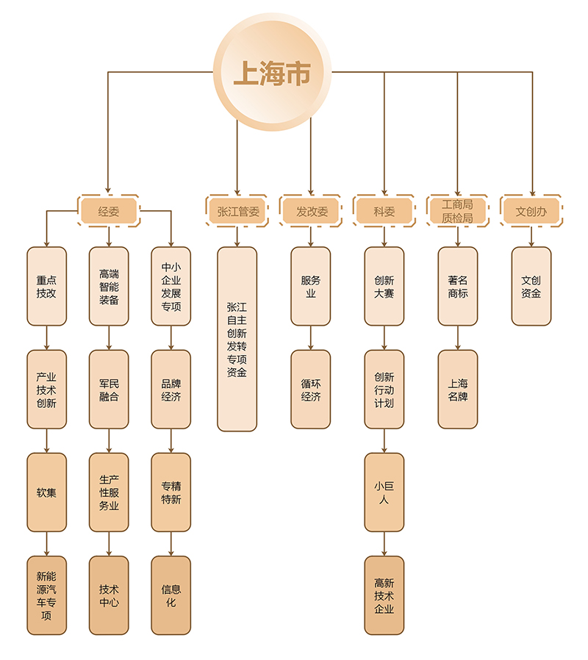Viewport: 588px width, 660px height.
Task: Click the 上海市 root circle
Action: (x=272, y=73)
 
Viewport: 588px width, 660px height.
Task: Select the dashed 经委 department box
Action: (x=109, y=212)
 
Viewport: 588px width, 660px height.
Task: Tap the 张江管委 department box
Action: (x=237, y=212)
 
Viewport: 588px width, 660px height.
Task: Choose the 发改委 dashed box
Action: (x=311, y=212)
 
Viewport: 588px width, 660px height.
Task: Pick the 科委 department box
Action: (x=384, y=212)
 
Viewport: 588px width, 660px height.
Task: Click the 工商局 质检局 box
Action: (x=458, y=212)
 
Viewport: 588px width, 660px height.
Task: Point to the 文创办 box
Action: (x=531, y=212)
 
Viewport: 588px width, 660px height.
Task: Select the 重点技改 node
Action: (x=47, y=286)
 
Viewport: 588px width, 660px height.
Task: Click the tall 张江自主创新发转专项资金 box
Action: (x=237, y=339)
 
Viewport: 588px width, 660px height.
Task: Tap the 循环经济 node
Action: (x=311, y=389)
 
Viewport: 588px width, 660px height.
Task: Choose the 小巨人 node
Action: (x=384, y=492)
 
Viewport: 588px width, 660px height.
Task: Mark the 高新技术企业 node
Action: (x=384, y=595)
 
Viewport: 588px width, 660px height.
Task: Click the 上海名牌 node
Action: (x=458, y=389)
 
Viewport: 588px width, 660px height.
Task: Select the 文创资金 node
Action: (x=531, y=286)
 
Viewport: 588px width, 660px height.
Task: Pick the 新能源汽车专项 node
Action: (x=47, y=595)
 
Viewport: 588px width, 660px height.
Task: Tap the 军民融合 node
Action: (x=109, y=389)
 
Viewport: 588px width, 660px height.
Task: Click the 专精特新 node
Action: (x=171, y=492)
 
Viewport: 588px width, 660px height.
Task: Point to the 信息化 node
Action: (x=171, y=595)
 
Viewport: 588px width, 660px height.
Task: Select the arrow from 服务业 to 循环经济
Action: (x=311, y=337)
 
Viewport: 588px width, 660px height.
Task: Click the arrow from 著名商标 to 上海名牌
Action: (x=458, y=337)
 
